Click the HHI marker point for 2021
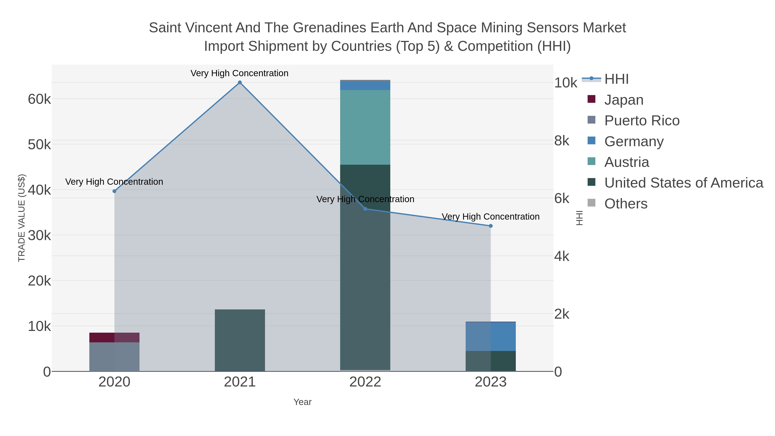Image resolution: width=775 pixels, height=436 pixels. pyautogui.click(x=240, y=82)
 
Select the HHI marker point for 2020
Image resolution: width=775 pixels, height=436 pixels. pyautogui.click(x=114, y=191)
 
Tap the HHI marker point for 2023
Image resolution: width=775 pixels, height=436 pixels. pyautogui.click(x=491, y=226)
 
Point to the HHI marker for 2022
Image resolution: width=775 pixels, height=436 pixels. pyautogui.click(x=365, y=209)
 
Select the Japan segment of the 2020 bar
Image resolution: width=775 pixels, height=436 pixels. pyautogui.click(x=114, y=337)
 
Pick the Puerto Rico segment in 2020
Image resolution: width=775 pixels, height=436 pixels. pyautogui.click(x=114, y=357)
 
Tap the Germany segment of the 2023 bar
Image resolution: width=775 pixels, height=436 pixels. pyautogui.click(x=491, y=336)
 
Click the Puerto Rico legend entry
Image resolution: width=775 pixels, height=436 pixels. pyautogui.click(x=642, y=121)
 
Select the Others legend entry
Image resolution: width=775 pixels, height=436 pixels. pyautogui.click(x=626, y=204)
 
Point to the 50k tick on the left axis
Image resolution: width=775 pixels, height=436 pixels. pyautogui.click(x=39, y=145)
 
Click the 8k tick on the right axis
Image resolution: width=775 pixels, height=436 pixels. pyautogui.click(x=562, y=141)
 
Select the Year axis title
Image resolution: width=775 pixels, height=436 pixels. pyautogui.click(x=302, y=402)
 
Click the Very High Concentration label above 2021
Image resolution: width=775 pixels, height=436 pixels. pyautogui.click(x=239, y=73)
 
